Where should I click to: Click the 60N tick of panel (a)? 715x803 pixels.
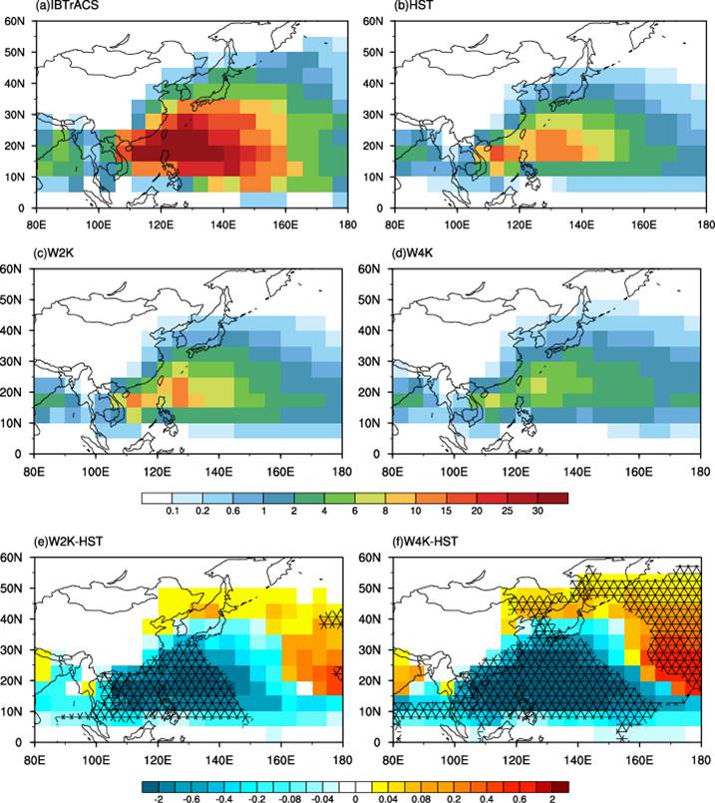click(16, 20)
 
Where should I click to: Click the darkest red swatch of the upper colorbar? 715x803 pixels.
click(555, 496)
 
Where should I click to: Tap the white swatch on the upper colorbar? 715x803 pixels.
click(157, 496)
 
